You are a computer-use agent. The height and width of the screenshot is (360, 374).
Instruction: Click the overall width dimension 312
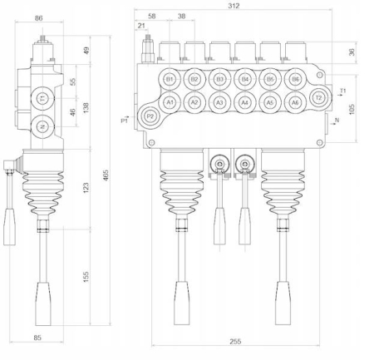[x=234, y=6]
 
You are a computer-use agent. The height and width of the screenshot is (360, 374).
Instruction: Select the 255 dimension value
[x=235, y=342]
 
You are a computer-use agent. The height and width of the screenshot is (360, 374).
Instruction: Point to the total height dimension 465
[x=106, y=175]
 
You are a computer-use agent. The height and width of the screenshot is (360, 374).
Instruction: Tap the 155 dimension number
[x=86, y=277]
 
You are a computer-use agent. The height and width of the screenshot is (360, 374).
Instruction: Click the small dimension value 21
[x=141, y=26]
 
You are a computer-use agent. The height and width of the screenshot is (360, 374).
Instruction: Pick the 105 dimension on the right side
[x=352, y=109]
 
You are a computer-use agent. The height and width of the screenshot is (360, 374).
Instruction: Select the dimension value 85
[x=37, y=338]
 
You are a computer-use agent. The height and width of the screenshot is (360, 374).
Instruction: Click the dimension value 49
[x=86, y=51]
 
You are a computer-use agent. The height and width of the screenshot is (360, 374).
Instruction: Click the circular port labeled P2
[x=150, y=116]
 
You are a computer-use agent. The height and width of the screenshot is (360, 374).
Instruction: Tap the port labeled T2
[x=319, y=97]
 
